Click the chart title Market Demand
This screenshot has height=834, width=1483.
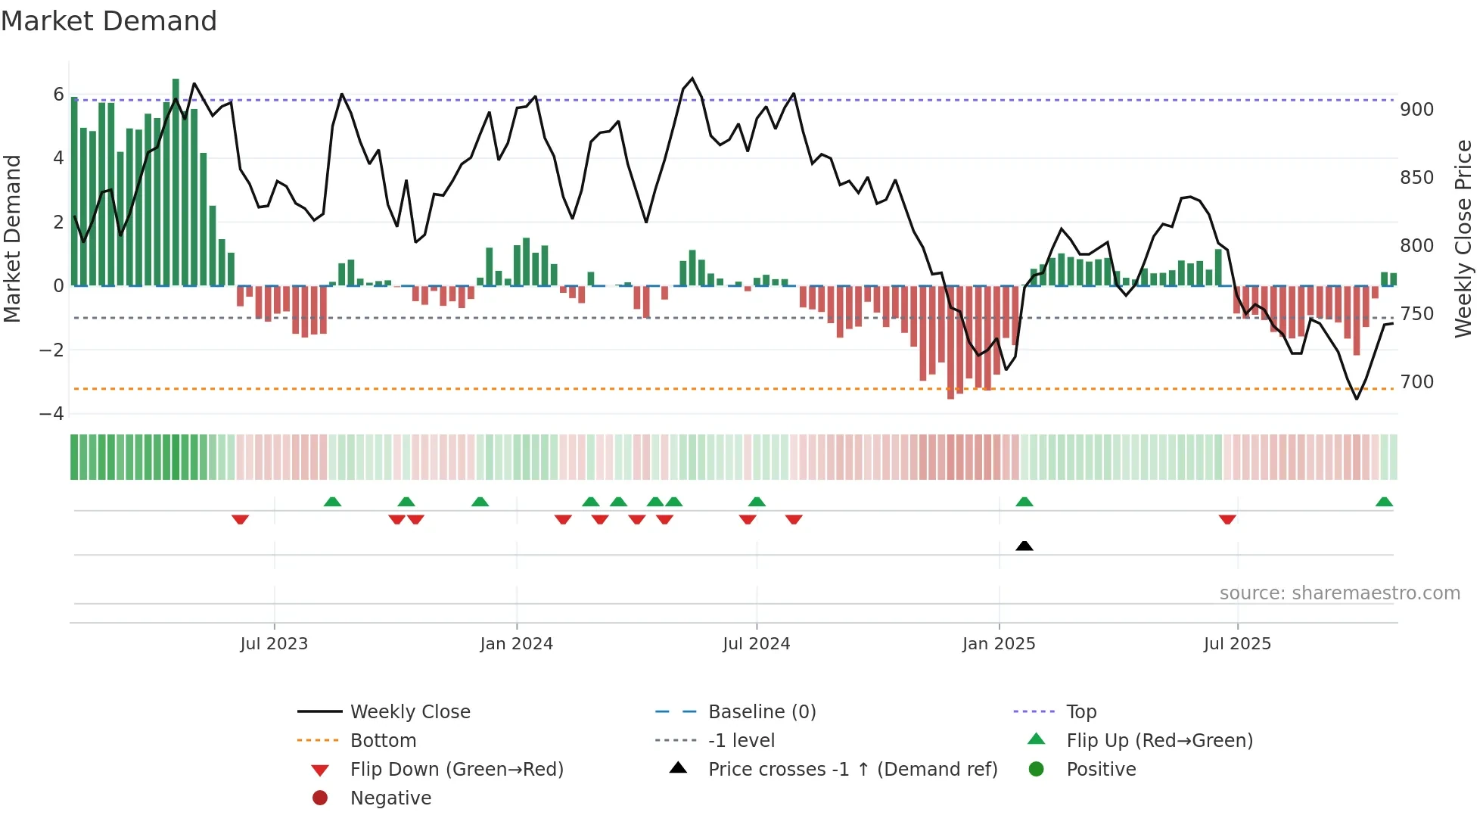pos(109,21)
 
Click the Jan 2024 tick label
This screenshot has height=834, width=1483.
pos(516,644)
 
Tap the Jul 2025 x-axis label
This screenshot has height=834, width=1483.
pos(1237,644)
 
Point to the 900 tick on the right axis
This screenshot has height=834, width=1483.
pos(1416,110)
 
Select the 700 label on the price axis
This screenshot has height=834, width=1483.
pos(1416,382)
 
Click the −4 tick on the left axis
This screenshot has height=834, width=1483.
pos(51,414)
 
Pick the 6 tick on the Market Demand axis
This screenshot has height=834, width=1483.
pos(58,95)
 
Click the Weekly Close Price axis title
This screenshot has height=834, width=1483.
pos(1463,238)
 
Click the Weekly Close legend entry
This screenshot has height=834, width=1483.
pos(409,712)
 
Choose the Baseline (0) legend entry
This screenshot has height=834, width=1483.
pos(761,712)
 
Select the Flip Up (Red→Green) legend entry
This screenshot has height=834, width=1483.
pos(1159,741)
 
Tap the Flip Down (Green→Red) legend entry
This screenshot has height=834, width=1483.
pos(456,770)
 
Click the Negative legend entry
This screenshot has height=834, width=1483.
pos(390,798)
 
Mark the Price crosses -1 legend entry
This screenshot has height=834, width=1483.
pos(852,770)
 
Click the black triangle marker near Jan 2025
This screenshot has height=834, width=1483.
pos(1024,546)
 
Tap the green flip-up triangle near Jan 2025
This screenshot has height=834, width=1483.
pos(1024,502)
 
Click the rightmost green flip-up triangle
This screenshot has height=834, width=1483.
pos(1384,502)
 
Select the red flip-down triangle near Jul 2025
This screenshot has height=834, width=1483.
pos(1227,519)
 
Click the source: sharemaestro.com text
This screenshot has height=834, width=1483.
pos(1339,593)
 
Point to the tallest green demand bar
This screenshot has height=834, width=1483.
pos(176,182)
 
